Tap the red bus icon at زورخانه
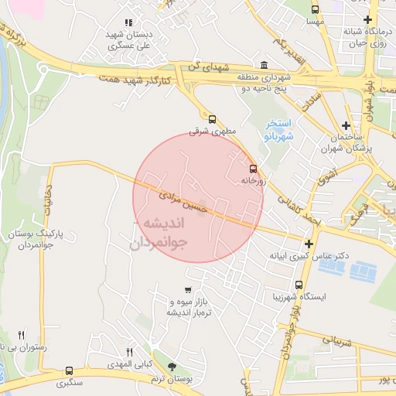(x=253, y=168)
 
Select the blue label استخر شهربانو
(x=277, y=129)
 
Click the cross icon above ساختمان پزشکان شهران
(x=346, y=125)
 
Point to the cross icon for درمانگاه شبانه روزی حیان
(x=367, y=19)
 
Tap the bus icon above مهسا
(x=315, y=9)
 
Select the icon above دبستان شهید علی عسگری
(x=128, y=23)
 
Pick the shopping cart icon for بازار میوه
(x=188, y=290)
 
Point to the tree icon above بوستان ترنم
(x=171, y=367)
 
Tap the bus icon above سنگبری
(x=70, y=370)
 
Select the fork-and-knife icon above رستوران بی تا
(x=21, y=336)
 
